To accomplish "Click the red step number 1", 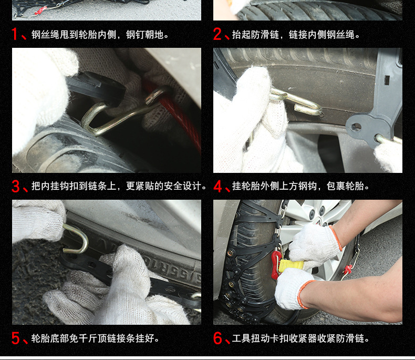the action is [14, 34].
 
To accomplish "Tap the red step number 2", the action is [217, 34].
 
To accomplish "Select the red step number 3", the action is [16, 186].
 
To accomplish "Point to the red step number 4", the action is [217, 186].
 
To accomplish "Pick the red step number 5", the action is [16, 338].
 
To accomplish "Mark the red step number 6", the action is [217, 338].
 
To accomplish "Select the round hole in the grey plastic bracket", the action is [356, 127].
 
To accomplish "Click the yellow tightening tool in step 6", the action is [290, 265].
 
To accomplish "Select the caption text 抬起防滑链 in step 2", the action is [255, 34].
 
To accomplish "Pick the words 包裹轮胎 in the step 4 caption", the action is [345, 186].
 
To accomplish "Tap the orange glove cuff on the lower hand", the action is [303, 294].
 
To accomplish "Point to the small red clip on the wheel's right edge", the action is [348, 269].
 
